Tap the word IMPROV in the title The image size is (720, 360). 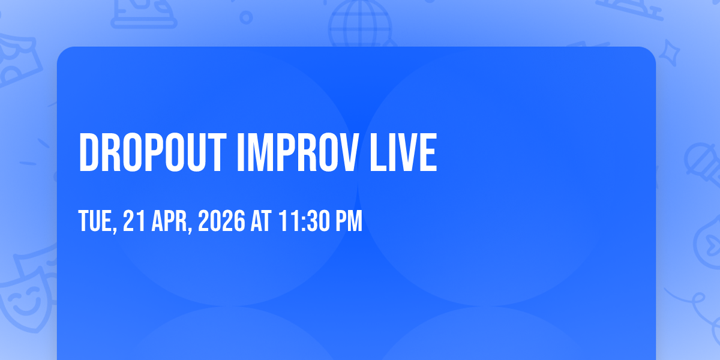tap(298, 152)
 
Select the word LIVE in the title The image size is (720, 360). tap(403, 152)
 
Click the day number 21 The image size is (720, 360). tap(134, 221)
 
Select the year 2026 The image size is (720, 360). tap(221, 221)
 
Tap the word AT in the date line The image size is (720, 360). tap(261, 221)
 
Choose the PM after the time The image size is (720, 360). tap(349, 221)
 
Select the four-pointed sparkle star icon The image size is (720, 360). tap(669, 53)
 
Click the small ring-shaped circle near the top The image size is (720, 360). tap(246, 17)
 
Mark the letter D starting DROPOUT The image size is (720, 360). tap(89, 152)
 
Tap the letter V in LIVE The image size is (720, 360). tap(403, 152)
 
